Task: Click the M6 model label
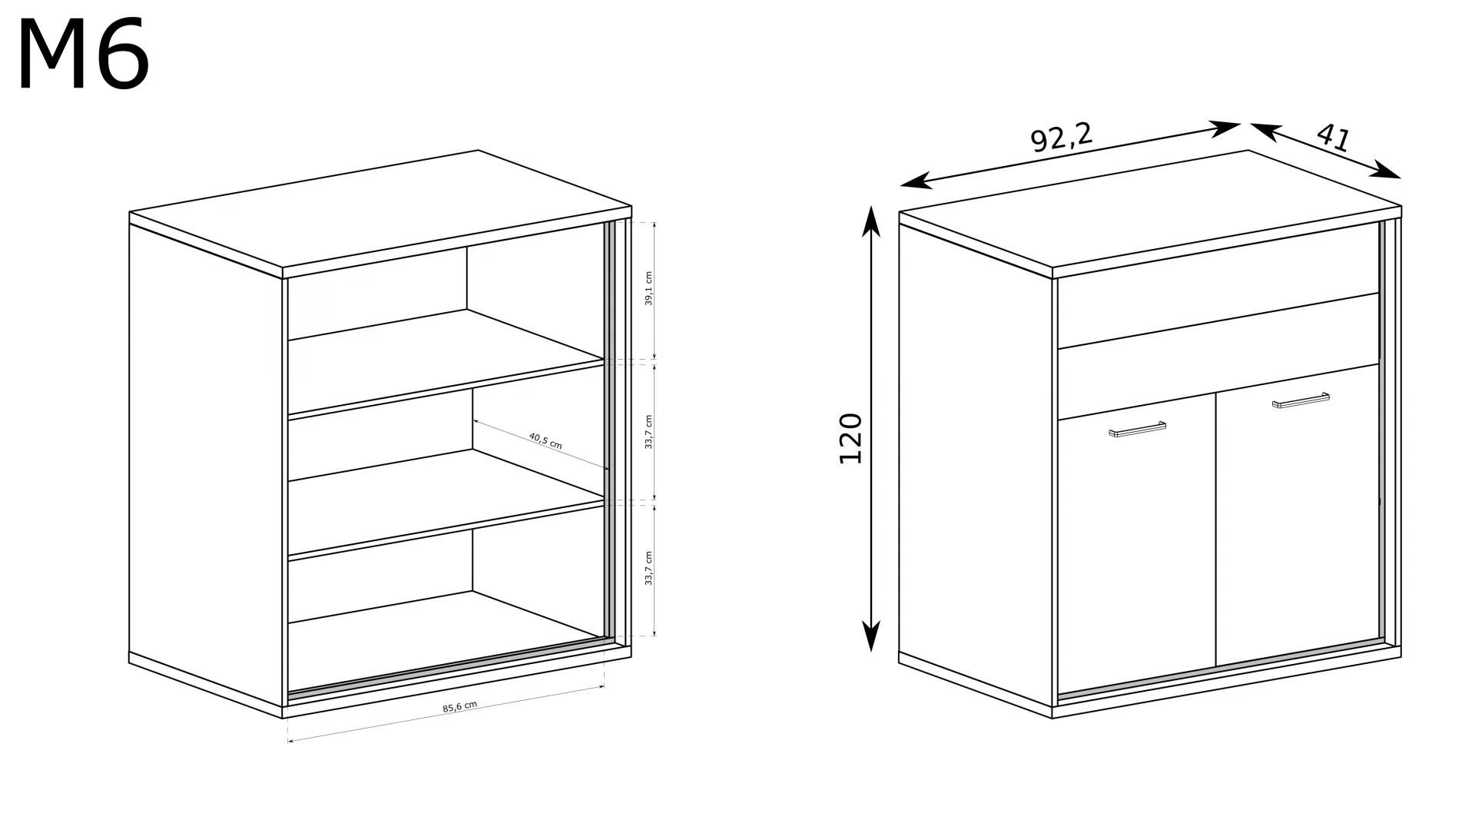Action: pyautogui.click(x=83, y=56)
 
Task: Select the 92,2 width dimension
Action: pyautogui.click(x=1060, y=138)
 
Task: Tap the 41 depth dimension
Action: pyautogui.click(x=1334, y=138)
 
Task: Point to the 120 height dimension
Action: pyautogui.click(x=850, y=438)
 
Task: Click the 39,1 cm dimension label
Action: pyautogui.click(x=648, y=288)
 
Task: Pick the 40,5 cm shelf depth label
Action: pyautogui.click(x=545, y=441)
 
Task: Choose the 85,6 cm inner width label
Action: pyautogui.click(x=459, y=707)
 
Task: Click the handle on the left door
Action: pyautogui.click(x=1137, y=430)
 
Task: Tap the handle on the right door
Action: pyautogui.click(x=1301, y=400)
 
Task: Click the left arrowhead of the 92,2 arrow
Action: pyautogui.click(x=916, y=182)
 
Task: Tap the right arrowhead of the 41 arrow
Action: pyautogui.click(x=1387, y=171)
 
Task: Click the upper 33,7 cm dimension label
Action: pyautogui.click(x=648, y=432)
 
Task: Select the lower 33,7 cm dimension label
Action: pyautogui.click(x=648, y=568)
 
